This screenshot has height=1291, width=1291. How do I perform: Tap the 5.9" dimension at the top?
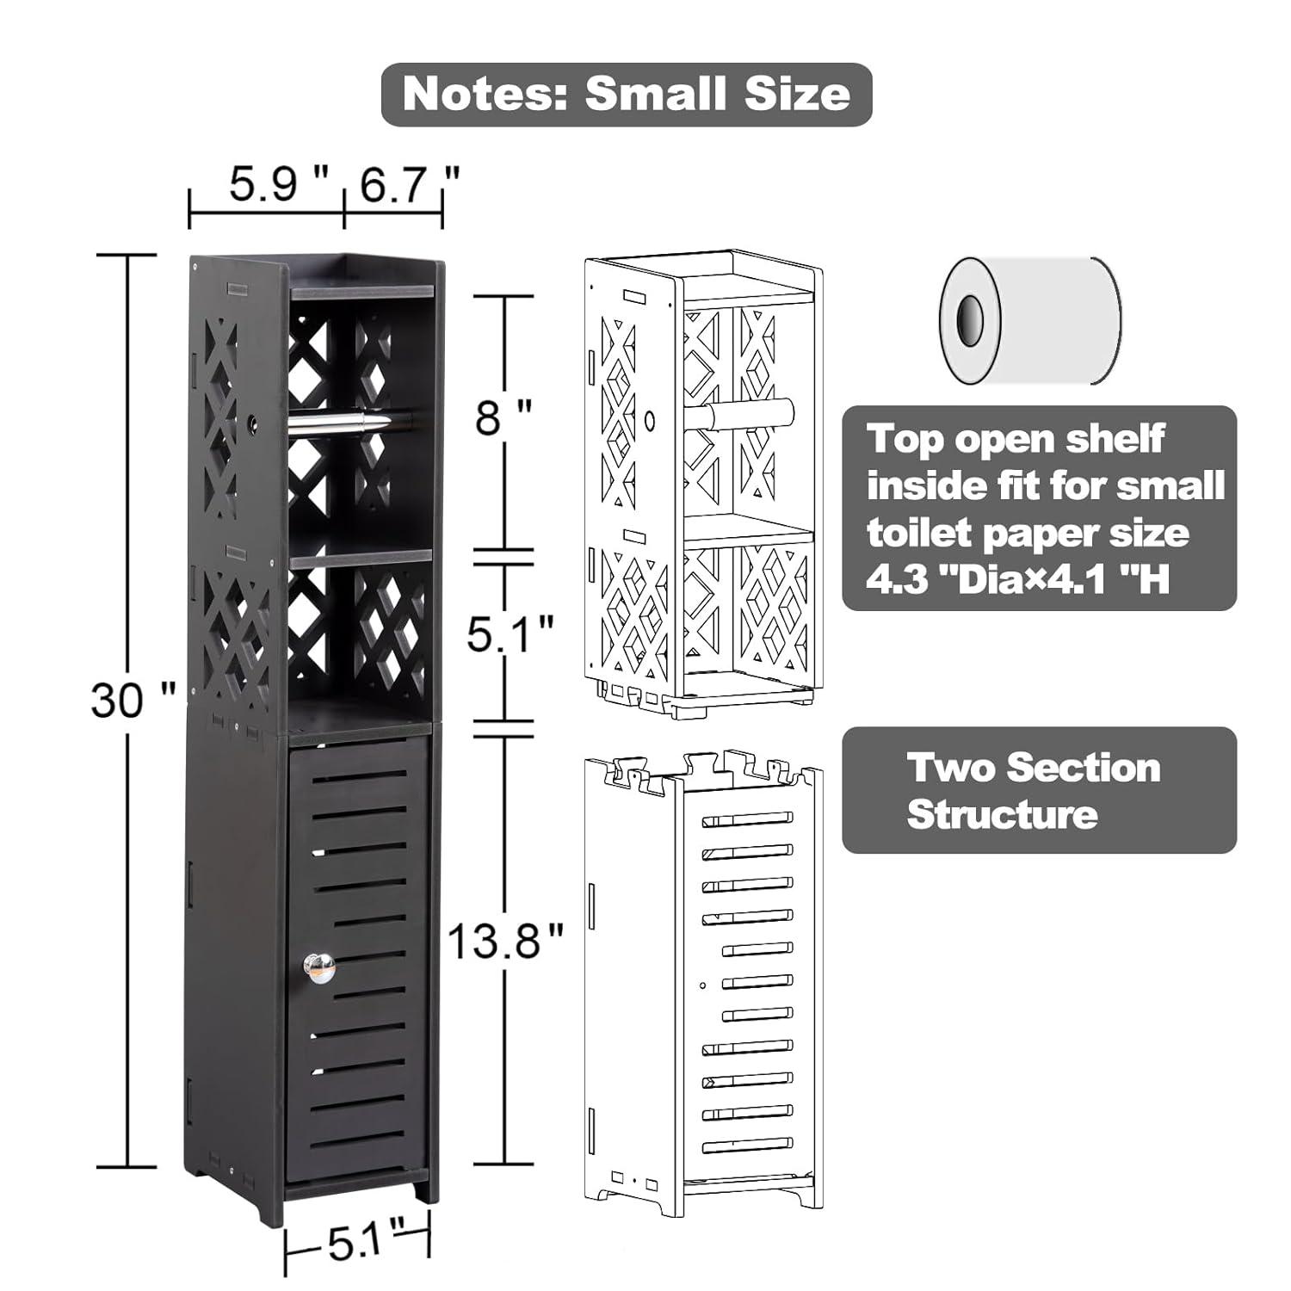tap(277, 185)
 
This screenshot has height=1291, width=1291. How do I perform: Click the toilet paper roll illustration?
tap(1030, 319)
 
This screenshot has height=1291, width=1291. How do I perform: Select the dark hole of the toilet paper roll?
tap(971, 318)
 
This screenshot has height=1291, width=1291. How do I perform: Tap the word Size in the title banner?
tap(797, 94)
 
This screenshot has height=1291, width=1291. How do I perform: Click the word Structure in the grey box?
tap(1002, 814)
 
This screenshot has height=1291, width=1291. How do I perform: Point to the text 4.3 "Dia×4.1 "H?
tap(1017, 581)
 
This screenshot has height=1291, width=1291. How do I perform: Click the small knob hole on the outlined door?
tap(703, 985)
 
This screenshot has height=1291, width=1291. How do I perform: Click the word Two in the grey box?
tap(947, 768)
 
